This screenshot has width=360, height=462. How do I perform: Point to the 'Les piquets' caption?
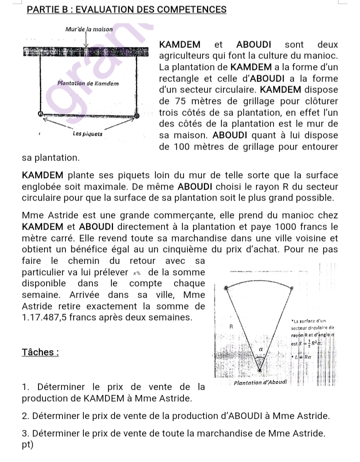coord(87,134)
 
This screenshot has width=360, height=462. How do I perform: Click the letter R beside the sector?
coord(231,326)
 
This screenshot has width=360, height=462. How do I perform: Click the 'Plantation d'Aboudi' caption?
coord(259,383)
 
